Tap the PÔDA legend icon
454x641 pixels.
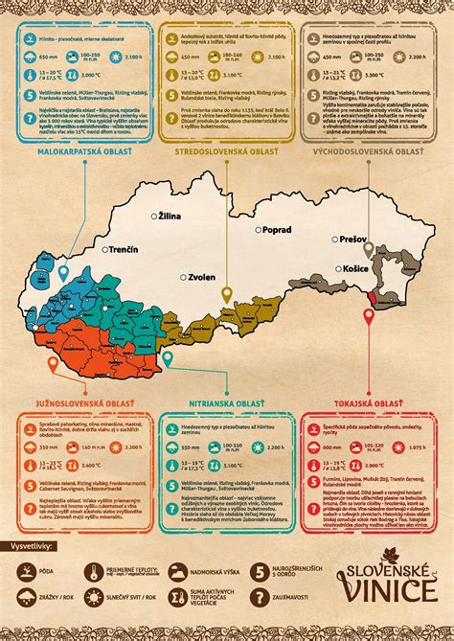(21, 572)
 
